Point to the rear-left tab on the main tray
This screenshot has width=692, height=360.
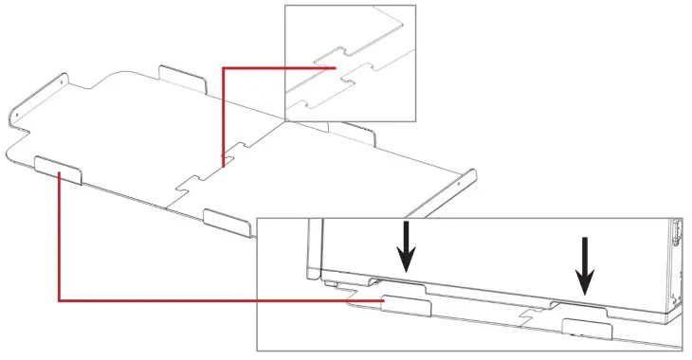click(x=182, y=77)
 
